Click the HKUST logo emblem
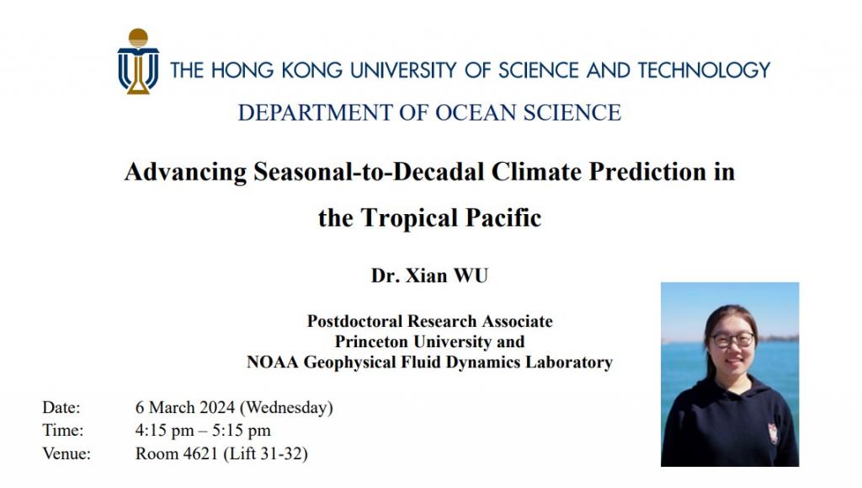click(138, 61)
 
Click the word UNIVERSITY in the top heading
click(403, 71)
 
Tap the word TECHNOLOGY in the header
click(704, 71)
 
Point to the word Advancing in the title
click(185, 172)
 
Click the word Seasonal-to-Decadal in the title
click(369, 171)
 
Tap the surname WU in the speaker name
click(470, 276)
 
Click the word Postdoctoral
click(354, 321)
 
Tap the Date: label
click(61, 408)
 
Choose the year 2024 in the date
click(217, 408)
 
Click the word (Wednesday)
click(286, 408)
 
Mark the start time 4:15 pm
click(164, 431)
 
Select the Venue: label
click(67, 454)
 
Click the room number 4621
click(200, 454)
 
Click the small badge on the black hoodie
click(773, 433)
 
